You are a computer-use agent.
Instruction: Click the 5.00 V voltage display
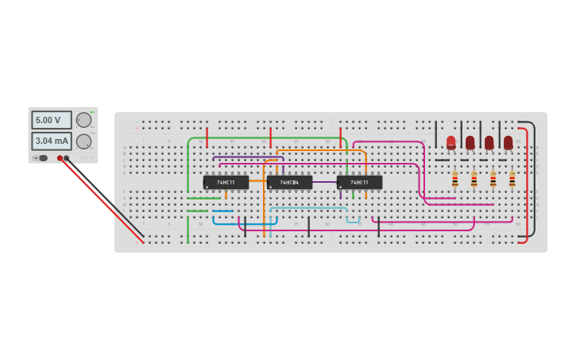click(x=51, y=120)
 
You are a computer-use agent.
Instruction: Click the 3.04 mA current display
click(x=51, y=141)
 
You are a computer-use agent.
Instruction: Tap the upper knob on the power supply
click(x=83, y=120)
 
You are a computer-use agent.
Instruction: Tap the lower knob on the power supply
click(x=83, y=141)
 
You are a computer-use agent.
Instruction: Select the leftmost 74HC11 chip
click(x=226, y=182)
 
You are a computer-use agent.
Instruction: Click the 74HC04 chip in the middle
click(x=289, y=182)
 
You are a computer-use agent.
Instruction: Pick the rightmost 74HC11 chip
click(x=359, y=182)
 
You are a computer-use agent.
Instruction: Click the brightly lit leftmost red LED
click(x=451, y=142)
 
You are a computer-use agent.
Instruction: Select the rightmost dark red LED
click(x=508, y=142)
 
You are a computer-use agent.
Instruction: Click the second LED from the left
click(x=470, y=142)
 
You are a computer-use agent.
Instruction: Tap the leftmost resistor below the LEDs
click(x=454, y=180)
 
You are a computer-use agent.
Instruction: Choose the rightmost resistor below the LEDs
click(x=512, y=180)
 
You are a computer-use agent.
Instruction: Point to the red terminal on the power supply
click(x=60, y=158)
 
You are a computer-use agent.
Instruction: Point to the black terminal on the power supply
click(x=67, y=158)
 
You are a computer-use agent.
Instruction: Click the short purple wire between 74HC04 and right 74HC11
click(x=324, y=182)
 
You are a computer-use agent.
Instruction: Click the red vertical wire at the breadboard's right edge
click(x=527, y=183)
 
